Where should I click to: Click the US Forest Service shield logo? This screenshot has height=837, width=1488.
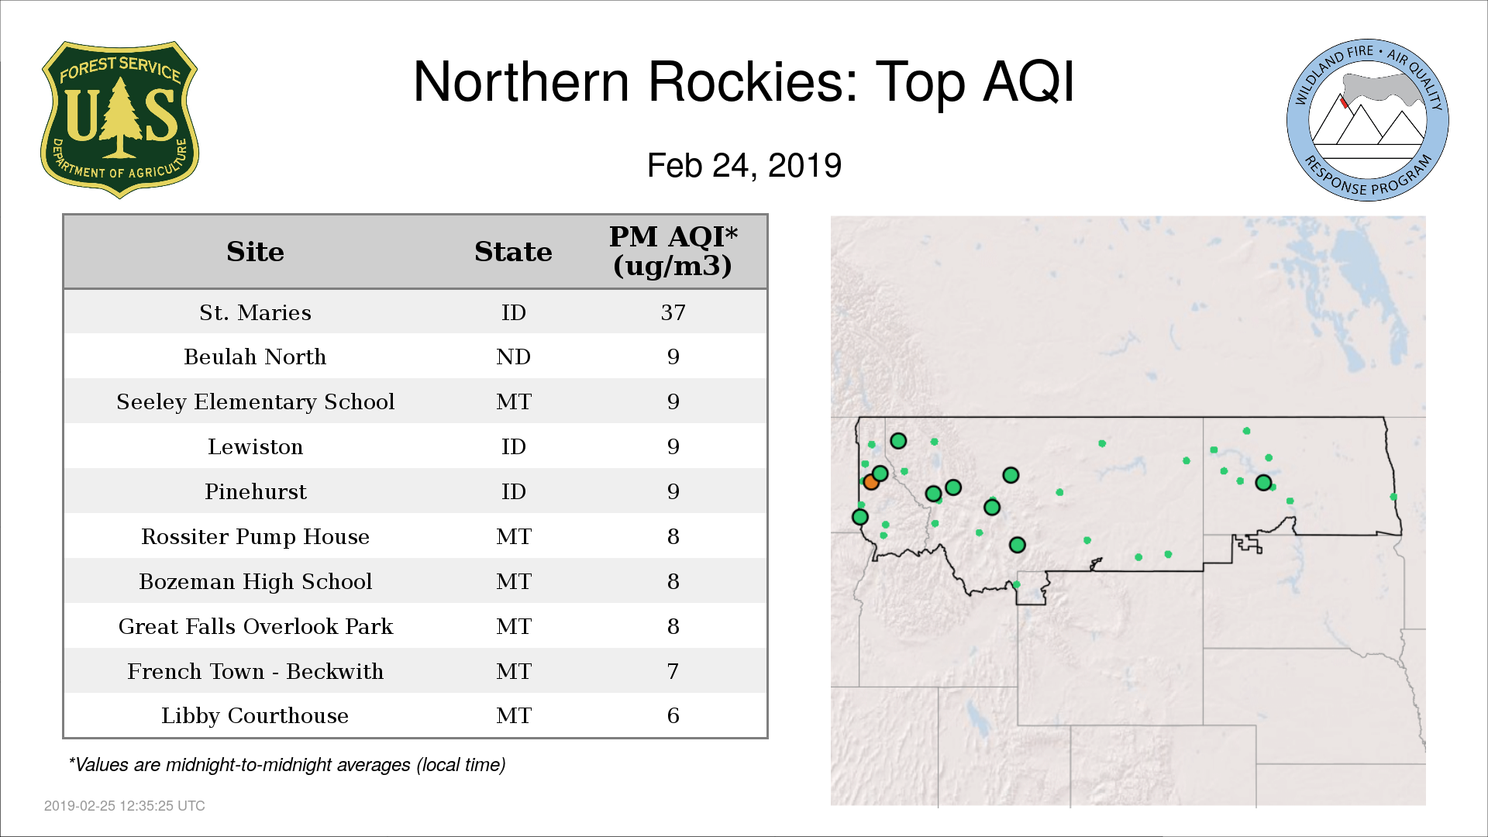coord(119,120)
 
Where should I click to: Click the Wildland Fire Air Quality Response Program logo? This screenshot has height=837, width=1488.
coord(1368,120)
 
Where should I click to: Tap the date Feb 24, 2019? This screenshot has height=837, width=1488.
coord(744,165)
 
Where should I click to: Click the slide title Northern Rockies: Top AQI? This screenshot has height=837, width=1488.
coord(744,81)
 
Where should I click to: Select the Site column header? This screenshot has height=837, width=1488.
coord(255,251)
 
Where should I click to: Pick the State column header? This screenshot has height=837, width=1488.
coord(513,251)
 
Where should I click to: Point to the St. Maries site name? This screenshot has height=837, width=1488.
coord(255,312)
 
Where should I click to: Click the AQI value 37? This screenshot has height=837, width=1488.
coord(673,312)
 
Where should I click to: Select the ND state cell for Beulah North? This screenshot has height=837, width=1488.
coord(513,356)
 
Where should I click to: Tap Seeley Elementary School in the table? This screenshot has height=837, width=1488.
coord(255,401)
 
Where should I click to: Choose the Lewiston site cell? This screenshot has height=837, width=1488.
coord(255,446)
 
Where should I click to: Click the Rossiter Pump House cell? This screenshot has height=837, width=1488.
coord(255,536)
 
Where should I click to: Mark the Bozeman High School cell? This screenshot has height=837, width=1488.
coord(255,581)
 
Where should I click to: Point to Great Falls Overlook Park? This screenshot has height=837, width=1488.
coord(255,626)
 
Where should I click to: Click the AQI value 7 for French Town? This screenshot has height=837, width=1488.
coord(673,671)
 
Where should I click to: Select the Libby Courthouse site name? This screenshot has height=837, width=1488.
coord(255,715)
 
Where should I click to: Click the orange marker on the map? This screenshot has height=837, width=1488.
coord(870,482)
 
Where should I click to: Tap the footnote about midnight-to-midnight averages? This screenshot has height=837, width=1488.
coord(287,765)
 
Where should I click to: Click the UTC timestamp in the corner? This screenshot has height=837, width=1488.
coord(124,806)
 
